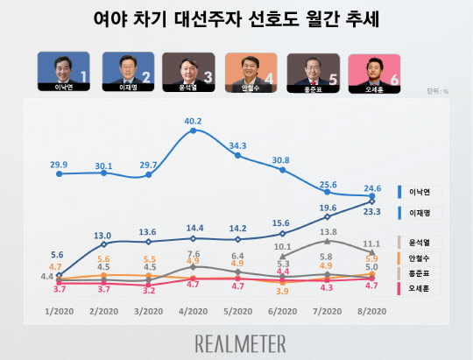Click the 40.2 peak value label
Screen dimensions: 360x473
(193, 121)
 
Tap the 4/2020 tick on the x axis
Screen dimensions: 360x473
(193, 309)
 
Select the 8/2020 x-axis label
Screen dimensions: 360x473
(371, 309)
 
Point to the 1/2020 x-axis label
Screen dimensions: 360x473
(58, 309)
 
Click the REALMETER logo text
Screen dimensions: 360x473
(236, 339)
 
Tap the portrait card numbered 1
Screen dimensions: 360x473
(65, 72)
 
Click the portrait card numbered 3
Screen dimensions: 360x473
(189, 72)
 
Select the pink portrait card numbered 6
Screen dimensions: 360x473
(376, 72)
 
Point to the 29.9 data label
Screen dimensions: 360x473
(59, 164)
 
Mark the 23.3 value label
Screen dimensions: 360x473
(371, 211)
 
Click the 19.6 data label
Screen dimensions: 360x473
(327, 207)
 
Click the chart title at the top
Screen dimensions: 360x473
(236, 20)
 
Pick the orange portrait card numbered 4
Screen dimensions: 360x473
(251, 72)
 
